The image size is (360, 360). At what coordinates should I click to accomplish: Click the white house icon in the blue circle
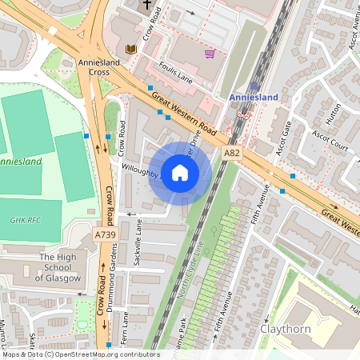pos(180,173)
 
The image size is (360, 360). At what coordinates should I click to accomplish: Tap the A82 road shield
pos(232,152)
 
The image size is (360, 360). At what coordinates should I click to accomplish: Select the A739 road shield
pos(105,235)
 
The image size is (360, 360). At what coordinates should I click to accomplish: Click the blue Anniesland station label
pos(254,98)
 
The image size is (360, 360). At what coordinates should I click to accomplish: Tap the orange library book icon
pos(132,50)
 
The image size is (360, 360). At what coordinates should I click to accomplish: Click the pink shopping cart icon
pos(210,54)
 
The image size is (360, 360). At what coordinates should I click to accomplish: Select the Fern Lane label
pos(124,328)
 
